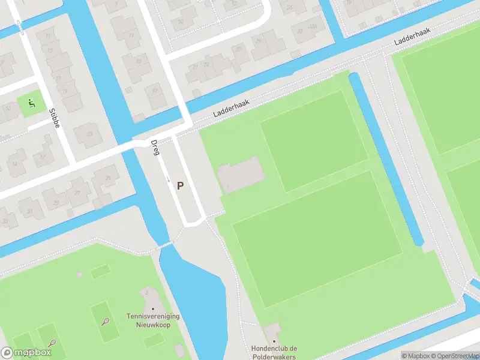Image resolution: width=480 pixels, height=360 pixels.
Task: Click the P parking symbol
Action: [180, 186]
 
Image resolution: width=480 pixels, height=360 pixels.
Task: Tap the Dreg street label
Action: [155, 148]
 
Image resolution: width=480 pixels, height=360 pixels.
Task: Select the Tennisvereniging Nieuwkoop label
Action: [153, 320]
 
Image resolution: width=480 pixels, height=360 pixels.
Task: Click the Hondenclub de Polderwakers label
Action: [275, 353]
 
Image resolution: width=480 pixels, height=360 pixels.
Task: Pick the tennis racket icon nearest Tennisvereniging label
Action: [106, 322]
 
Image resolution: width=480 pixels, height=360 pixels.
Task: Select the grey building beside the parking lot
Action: [240, 175]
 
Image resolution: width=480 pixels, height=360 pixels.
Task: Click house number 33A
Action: [311, 26]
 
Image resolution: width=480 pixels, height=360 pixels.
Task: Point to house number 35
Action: [289, 7]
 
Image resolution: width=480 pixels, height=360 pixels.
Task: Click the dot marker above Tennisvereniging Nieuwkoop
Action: [153, 309]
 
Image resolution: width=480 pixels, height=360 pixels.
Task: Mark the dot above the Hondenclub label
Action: [274, 341]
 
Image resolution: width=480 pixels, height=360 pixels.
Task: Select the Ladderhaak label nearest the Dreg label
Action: [230, 108]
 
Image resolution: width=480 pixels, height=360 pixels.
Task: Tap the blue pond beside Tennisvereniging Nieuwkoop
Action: [192, 288]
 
